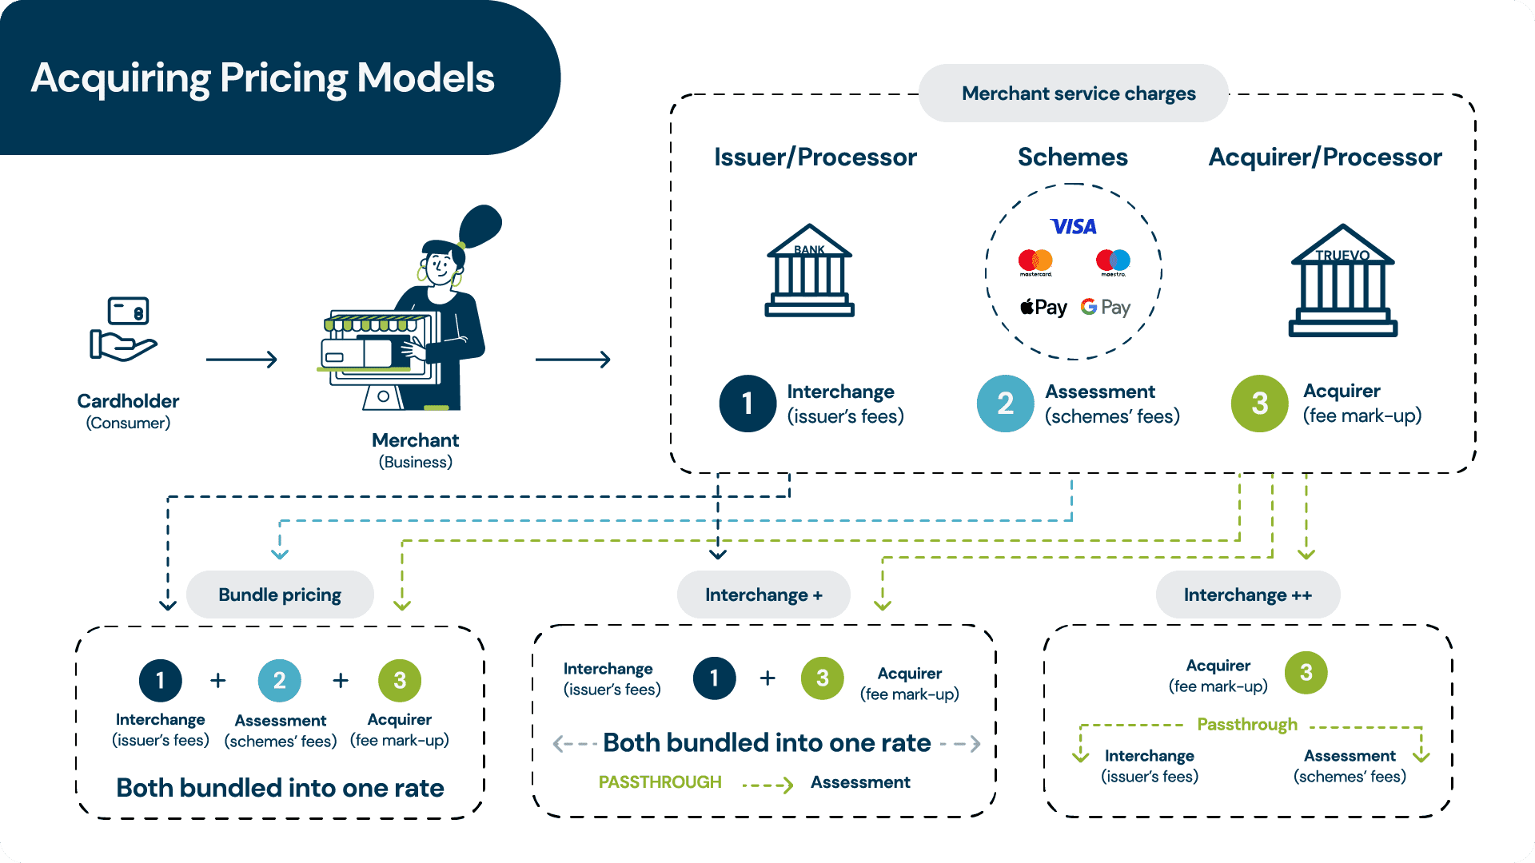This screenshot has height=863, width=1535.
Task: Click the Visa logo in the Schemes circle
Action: pyautogui.click(x=1073, y=227)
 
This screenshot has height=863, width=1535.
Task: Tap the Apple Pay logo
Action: pyautogui.click(x=1043, y=307)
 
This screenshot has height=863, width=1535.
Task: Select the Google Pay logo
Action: pyautogui.click(x=1106, y=307)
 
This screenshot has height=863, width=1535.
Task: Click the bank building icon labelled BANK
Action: pyautogui.click(x=809, y=272)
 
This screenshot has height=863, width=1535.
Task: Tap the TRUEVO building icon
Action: pyautogui.click(x=1342, y=281)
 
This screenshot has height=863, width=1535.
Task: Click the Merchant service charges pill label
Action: pyautogui.click(x=1078, y=93)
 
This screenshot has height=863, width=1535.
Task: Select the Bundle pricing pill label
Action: pyautogui.click(x=280, y=595)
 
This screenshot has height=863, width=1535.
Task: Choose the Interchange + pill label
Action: pyautogui.click(x=764, y=595)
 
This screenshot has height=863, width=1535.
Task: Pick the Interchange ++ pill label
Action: pyautogui.click(x=1247, y=595)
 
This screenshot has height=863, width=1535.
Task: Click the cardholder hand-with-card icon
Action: pyautogui.click(x=124, y=328)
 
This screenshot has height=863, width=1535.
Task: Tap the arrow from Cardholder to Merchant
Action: pyautogui.click(x=241, y=360)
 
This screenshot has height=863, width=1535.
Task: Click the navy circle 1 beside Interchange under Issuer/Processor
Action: pyautogui.click(x=748, y=404)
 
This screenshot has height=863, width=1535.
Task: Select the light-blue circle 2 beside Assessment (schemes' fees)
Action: pyautogui.click(x=1005, y=404)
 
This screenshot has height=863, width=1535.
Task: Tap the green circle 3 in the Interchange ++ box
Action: pyautogui.click(x=1306, y=673)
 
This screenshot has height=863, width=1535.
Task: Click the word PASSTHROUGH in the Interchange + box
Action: pyautogui.click(x=660, y=782)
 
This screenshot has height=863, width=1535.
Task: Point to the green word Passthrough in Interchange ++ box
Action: pyautogui.click(x=1246, y=725)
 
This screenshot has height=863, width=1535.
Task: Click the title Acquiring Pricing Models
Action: pyautogui.click(x=262, y=78)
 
